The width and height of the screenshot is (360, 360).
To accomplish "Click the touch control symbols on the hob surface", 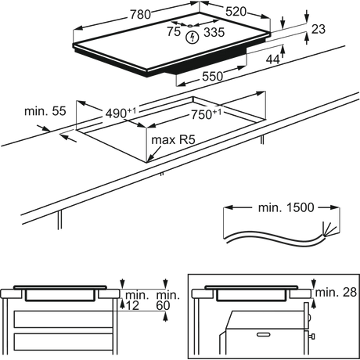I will (194, 32).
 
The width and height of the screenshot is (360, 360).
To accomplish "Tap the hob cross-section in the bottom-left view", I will (59, 295).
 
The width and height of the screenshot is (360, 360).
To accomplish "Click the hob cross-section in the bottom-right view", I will (247, 295).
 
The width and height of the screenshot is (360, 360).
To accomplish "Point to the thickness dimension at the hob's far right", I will (316, 28).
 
